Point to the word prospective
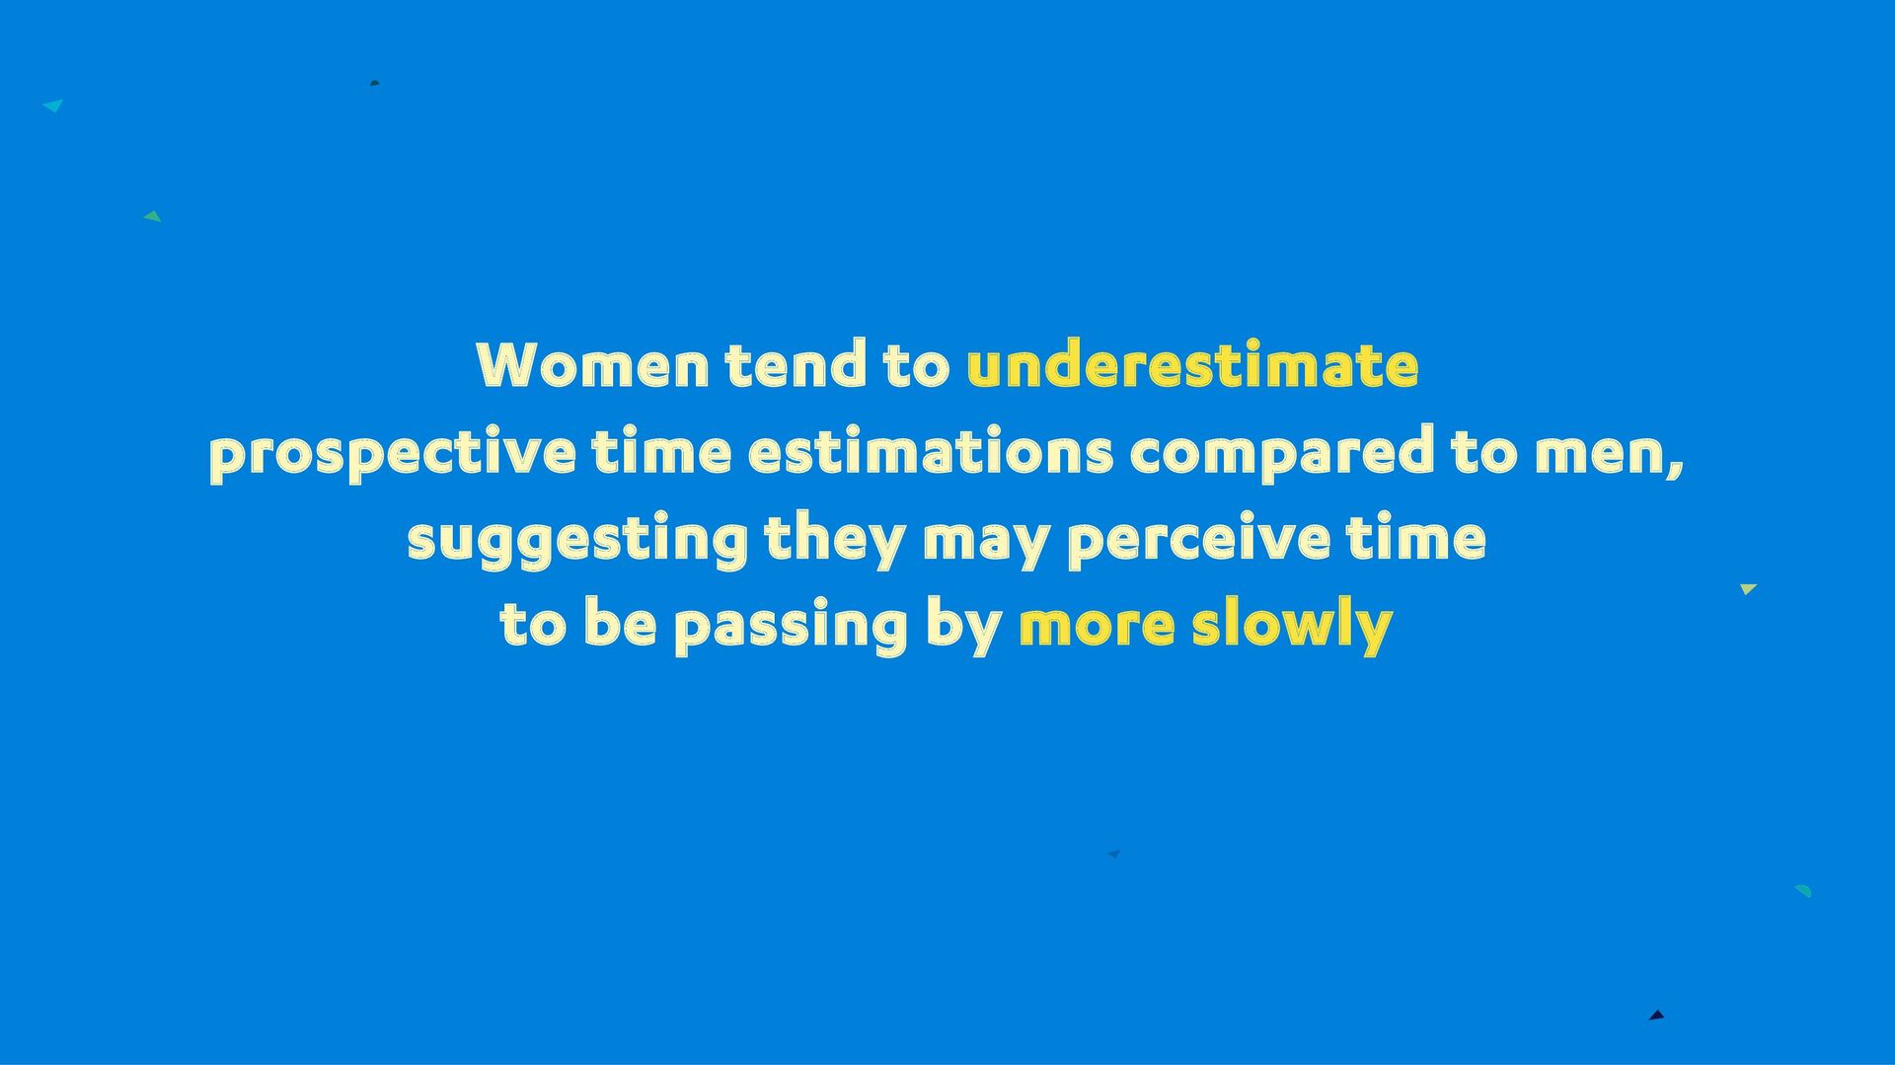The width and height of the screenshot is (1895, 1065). click(392, 453)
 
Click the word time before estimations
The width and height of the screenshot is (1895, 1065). click(661, 451)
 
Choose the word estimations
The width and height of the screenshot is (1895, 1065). click(931, 451)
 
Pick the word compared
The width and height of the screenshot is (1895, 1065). click(1281, 453)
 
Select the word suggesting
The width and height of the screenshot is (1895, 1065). click(577, 540)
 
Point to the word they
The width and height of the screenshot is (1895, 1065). click(835, 540)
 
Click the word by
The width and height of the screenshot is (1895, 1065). click(963, 627)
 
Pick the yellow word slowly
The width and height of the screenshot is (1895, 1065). click(1292, 627)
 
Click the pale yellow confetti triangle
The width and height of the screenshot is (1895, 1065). click(1748, 589)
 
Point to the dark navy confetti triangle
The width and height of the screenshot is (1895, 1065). click(1657, 1015)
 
